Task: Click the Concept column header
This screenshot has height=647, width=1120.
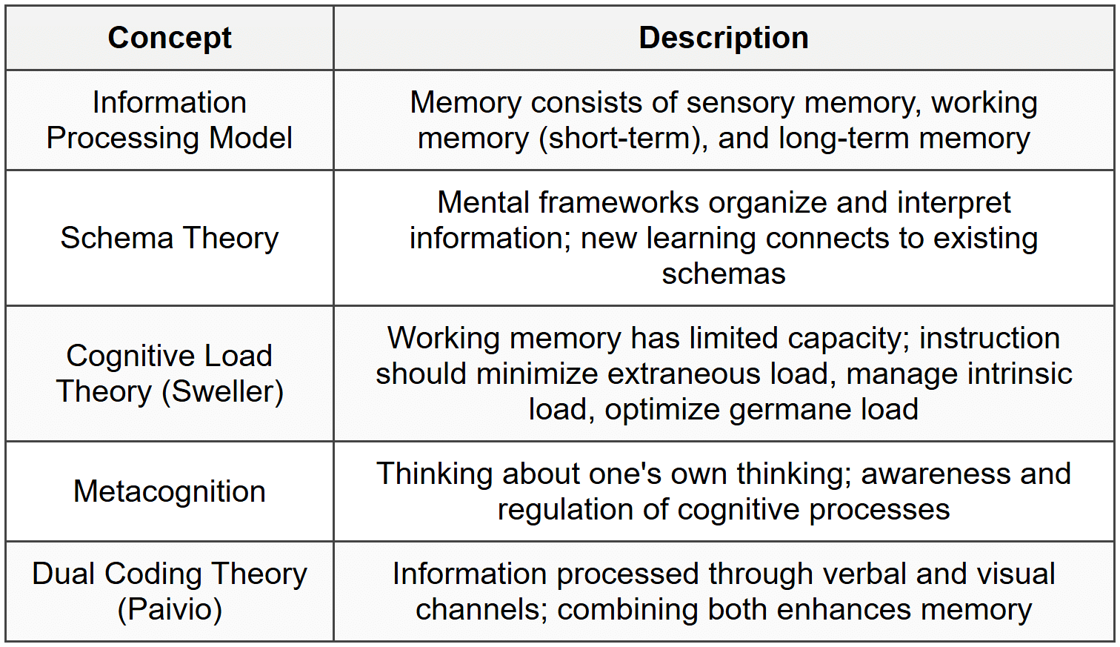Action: pyautogui.click(x=170, y=38)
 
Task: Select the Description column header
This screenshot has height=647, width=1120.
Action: pyautogui.click(x=723, y=38)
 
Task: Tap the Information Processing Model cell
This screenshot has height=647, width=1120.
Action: pyautogui.click(x=170, y=120)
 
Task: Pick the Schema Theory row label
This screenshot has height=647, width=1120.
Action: pyautogui.click(x=170, y=238)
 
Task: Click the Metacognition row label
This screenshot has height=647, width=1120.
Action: pyautogui.click(x=170, y=491)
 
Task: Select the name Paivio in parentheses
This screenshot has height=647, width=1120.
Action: pyautogui.click(x=170, y=609)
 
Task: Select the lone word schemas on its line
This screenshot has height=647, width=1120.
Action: pyautogui.click(x=723, y=274)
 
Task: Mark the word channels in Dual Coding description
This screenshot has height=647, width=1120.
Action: pyautogui.click(x=481, y=610)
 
